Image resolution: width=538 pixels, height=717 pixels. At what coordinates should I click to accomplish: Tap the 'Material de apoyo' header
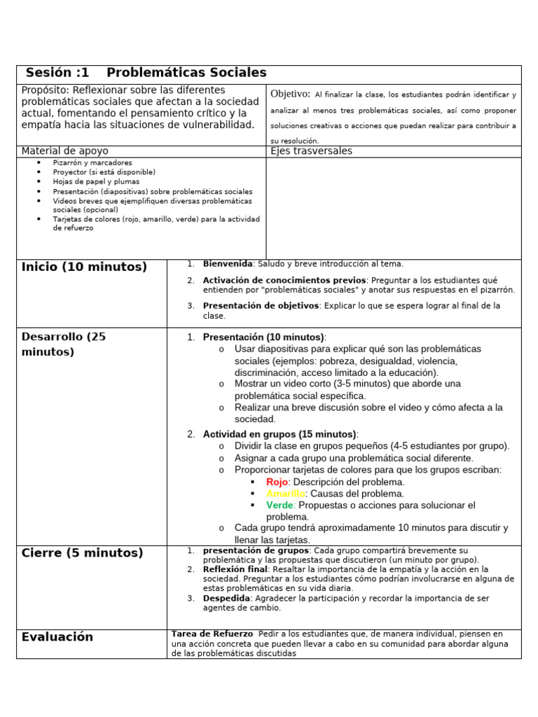coord(65,151)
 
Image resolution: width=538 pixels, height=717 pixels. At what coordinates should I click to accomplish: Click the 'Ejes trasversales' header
coord(311,151)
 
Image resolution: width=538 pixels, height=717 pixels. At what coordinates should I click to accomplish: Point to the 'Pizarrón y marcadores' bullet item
coord(92,162)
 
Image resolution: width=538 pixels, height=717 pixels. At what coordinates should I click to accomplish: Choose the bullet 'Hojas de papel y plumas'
coord(95,181)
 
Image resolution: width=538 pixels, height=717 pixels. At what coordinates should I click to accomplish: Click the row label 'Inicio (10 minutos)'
coord(84,267)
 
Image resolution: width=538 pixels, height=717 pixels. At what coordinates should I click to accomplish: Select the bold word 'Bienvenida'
coord(227,264)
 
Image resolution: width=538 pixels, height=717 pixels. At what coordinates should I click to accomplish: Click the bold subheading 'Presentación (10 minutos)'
coord(263,337)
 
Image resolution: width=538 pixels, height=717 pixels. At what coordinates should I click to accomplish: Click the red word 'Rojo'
coord(277,482)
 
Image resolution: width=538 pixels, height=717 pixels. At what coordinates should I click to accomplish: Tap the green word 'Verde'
coord(280,505)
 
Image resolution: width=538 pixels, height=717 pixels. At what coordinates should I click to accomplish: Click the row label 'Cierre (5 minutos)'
coord(82,553)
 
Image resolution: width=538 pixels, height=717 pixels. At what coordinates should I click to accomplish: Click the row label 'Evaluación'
coord(57,637)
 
